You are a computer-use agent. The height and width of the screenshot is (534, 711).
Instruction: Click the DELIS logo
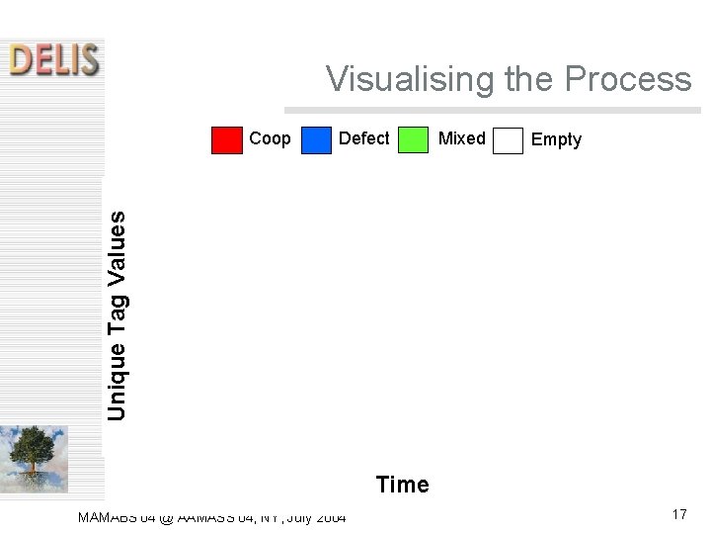tap(54, 60)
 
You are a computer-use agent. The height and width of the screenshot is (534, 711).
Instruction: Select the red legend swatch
tap(227, 140)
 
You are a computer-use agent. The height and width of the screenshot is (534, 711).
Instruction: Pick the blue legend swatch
tap(316, 140)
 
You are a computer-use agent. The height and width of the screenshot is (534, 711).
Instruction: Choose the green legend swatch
tap(413, 140)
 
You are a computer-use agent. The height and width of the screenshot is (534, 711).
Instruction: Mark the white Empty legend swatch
tap(508, 140)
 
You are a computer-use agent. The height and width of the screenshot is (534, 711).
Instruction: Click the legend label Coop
tap(270, 138)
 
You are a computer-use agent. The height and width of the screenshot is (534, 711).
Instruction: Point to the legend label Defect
tap(363, 138)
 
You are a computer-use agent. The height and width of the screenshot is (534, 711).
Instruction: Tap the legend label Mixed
tap(461, 138)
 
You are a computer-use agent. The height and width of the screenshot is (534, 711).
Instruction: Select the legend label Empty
tap(556, 139)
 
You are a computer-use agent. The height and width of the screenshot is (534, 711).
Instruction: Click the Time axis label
tap(402, 485)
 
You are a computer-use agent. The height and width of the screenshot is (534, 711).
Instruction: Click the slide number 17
tap(678, 514)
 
